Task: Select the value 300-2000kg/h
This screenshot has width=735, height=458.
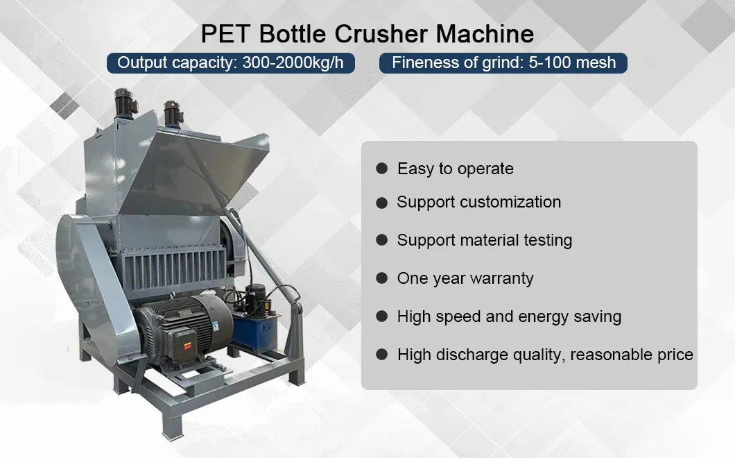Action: click(x=293, y=62)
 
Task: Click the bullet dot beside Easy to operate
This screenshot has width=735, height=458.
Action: click(x=381, y=169)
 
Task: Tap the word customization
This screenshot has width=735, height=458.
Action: click(x=510, y=202)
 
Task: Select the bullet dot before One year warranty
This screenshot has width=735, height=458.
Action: click(x=381, y=278)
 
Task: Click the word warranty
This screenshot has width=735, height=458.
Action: click(x=499, y=278)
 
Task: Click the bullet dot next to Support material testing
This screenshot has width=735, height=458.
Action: click(x=381, y=240)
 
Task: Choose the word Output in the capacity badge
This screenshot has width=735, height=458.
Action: click(x=141, y=62)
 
